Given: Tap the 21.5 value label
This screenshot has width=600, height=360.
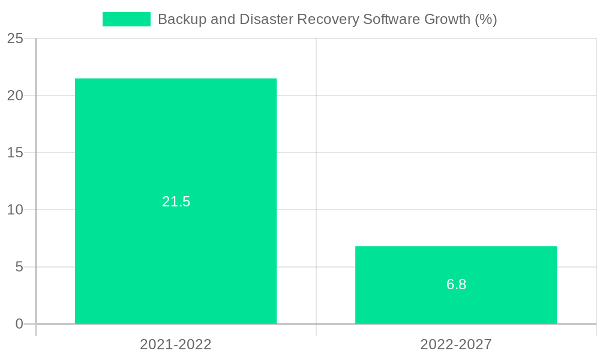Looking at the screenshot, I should [x=176, y=202].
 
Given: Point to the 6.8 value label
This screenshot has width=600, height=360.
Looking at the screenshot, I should [x=457, y=284].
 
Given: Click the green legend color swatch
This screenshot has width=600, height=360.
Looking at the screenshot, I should [x=127, y=19].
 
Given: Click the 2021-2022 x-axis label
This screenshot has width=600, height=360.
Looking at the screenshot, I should [x=176, y=344].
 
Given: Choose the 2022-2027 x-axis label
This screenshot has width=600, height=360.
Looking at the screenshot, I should [x=456, y=344].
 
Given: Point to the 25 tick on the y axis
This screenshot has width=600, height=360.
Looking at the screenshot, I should [x=16, y=38].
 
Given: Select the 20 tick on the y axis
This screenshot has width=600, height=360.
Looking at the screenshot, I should [x=16, y=95].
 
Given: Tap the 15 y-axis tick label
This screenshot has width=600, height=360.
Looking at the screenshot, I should [x=16, y=152].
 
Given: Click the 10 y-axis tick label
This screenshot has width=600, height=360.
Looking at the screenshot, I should [x=16, y=209].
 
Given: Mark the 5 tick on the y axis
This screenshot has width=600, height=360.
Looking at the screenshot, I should [x=19, y=266].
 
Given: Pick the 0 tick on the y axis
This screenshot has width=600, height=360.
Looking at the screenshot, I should [x=19, y=324].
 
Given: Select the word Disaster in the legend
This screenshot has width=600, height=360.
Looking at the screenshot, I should [x=262, y=19].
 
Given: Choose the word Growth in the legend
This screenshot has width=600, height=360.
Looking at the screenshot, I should [x=448, y=19].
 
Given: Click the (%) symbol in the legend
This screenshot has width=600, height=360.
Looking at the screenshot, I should [x=486, y=19].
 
